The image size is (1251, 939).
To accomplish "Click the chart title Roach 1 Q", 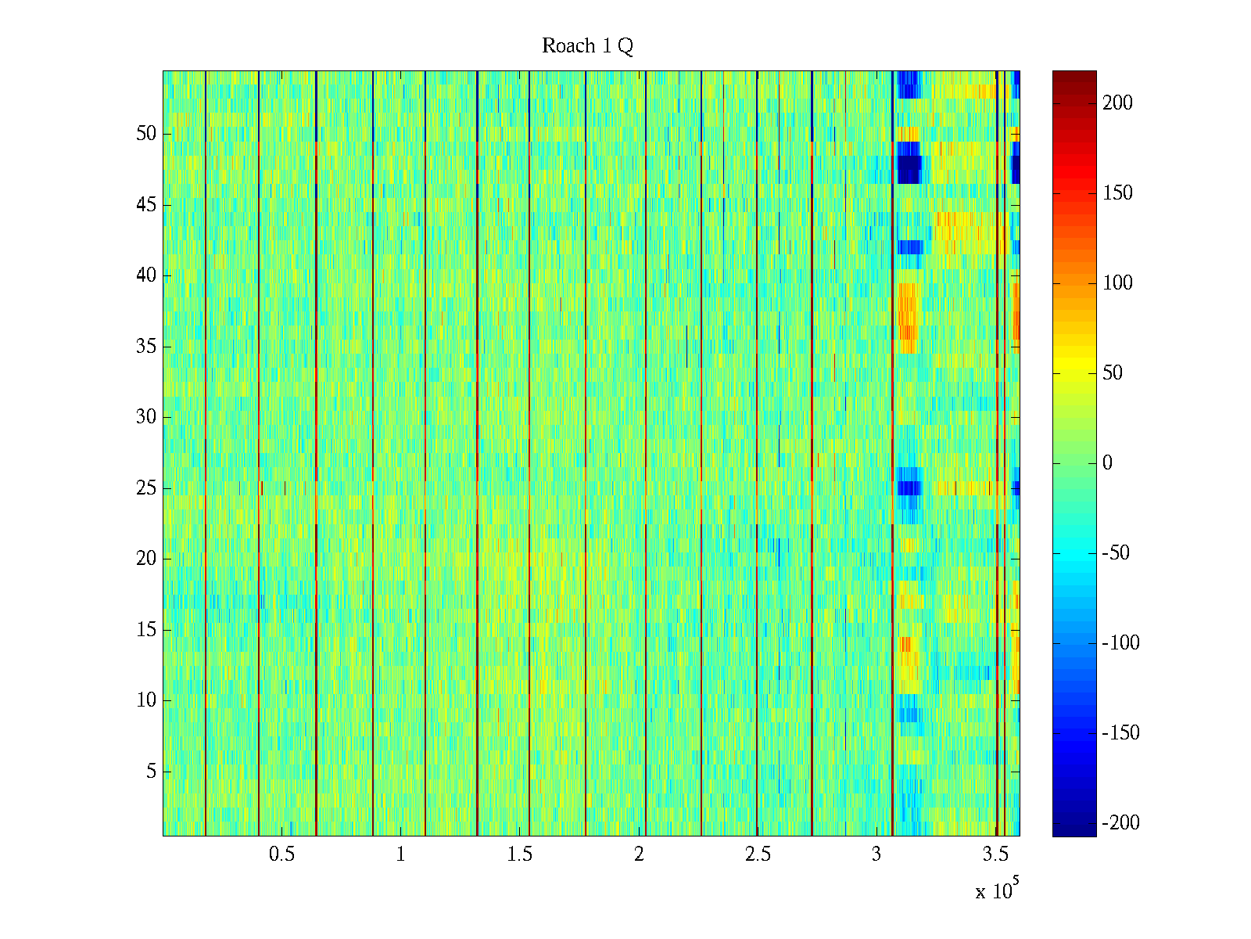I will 587,47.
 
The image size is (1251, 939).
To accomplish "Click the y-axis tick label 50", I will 146,134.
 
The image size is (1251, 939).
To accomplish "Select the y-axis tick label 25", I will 146,488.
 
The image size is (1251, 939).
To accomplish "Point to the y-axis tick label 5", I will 151,772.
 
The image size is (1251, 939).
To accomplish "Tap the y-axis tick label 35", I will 146,347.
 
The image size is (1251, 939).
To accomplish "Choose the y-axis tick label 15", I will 146,630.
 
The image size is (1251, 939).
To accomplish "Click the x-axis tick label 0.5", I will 281,854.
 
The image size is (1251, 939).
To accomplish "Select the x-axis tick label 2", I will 639,854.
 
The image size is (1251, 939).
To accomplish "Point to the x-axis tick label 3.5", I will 995,854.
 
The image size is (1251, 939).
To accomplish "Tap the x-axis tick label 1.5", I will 520,854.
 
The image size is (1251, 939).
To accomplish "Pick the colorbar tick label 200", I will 1117,103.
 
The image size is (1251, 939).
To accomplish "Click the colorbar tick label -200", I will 1120,823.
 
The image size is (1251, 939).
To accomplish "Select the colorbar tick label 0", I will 1107,463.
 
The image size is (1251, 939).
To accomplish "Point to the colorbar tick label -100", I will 1120,643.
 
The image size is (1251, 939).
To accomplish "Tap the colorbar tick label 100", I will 1117,283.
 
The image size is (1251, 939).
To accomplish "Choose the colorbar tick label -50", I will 1117,553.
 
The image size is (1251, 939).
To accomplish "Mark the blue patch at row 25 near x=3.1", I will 908,487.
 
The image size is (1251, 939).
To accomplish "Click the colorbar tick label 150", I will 1117,193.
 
